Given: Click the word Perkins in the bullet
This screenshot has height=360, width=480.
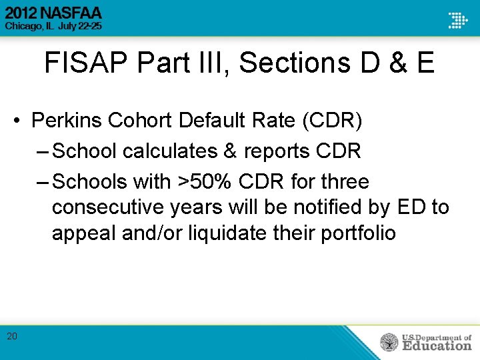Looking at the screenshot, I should coord(67,121).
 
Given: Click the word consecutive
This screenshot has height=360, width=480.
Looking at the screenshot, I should coord(107,207).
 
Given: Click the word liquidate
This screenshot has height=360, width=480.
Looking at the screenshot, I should coord(226,233).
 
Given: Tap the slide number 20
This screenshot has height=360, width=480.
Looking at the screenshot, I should coord(12,336).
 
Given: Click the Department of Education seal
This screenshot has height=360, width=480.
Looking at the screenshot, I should coord(389,343).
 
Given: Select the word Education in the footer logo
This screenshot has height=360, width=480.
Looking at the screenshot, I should coord(437,346).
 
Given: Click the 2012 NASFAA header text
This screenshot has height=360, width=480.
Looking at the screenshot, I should coord(53,13).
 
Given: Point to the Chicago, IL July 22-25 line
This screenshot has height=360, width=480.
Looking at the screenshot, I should coord(53,27).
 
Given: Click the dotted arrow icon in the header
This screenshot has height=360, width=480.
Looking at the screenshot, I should coord(457,20).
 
